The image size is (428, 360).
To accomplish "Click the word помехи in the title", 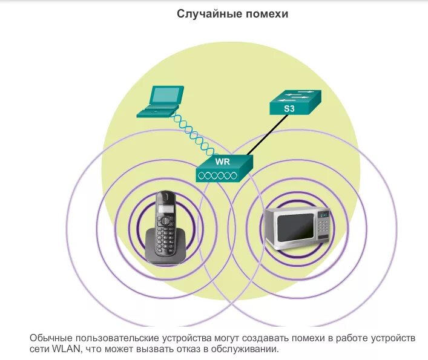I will click(x=266, y=13).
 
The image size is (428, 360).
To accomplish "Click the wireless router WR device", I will click(x=223, y=169).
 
